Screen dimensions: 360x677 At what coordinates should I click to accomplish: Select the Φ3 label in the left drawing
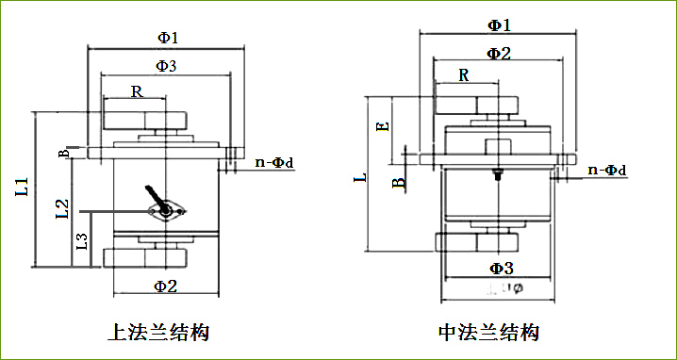(166, 66)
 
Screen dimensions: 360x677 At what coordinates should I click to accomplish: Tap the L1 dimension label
(22, 187)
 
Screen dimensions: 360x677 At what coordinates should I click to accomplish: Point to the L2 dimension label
(60, 208)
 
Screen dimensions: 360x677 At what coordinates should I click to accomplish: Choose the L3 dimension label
(81, 240)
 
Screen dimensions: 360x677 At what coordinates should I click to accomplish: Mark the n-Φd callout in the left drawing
(274, 162)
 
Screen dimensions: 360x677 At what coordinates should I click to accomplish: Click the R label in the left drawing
(137, 92)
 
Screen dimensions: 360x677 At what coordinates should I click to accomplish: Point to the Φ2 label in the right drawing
(499, 53)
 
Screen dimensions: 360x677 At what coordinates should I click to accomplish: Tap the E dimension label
(381, 126)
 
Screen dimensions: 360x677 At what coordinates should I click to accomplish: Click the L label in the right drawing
(358, 178)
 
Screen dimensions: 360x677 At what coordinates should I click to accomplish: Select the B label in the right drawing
(398, 182)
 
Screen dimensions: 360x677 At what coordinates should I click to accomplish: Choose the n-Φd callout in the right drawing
(606, 170)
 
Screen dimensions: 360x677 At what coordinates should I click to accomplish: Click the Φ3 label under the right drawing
(501, 270)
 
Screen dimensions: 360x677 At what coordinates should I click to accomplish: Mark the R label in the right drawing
(463, 74)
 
